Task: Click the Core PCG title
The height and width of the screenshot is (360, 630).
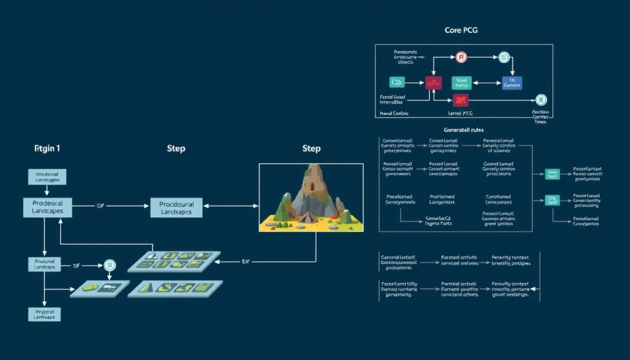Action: [461, 30]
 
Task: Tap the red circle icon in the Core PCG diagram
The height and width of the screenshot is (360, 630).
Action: [461, 57]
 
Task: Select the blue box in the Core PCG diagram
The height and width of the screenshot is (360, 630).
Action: [512, 83]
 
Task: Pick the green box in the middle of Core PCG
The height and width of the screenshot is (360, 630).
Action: [461, 83]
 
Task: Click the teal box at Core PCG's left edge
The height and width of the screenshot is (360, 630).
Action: [397, 82]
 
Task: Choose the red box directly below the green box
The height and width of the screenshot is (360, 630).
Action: [461, 100]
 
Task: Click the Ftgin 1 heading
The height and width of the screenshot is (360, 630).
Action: [47, 148]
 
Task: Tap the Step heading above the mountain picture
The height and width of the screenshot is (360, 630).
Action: [312, 148]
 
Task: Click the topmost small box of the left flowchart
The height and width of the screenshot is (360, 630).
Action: [47, 176]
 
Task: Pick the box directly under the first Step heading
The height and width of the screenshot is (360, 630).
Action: [176, 207]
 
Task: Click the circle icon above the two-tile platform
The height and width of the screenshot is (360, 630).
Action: [110, 265]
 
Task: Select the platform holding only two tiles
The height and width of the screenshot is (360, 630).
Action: [99, 288]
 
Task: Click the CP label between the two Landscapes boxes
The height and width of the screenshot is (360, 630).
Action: [100, 206]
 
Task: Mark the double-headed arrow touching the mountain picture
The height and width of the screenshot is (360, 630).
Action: [231, 207]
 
